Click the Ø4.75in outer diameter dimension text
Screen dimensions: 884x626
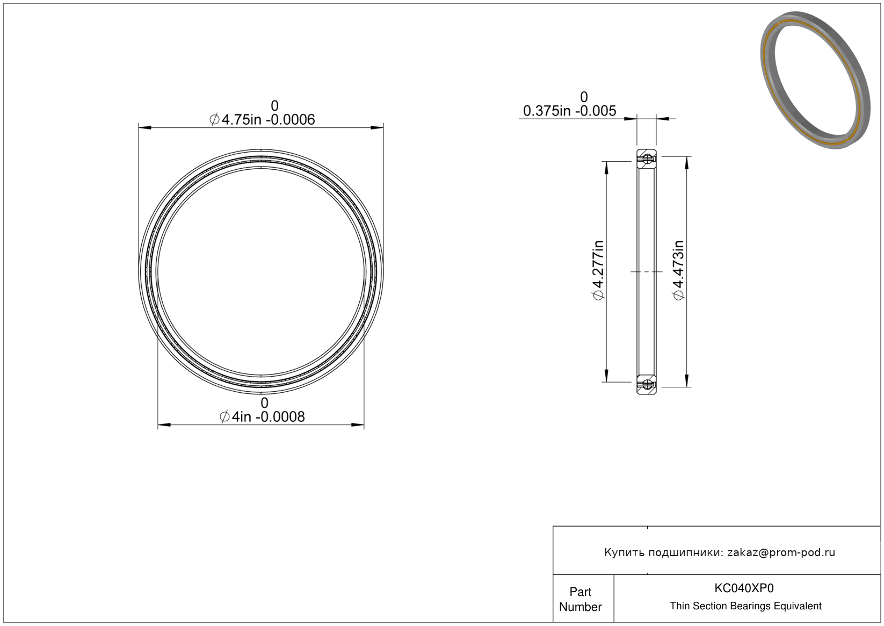coord(262,119)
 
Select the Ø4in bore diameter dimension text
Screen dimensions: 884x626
coord(262,416)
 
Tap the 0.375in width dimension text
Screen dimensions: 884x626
coord(569,111)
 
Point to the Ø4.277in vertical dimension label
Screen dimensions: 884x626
coord(598,270)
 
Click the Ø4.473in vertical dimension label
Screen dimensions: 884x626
coord(679,270)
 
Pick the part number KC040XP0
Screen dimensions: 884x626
coord(744,588)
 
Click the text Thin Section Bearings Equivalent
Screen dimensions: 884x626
coord(745,606)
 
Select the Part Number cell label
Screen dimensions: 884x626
coord(581,599)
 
